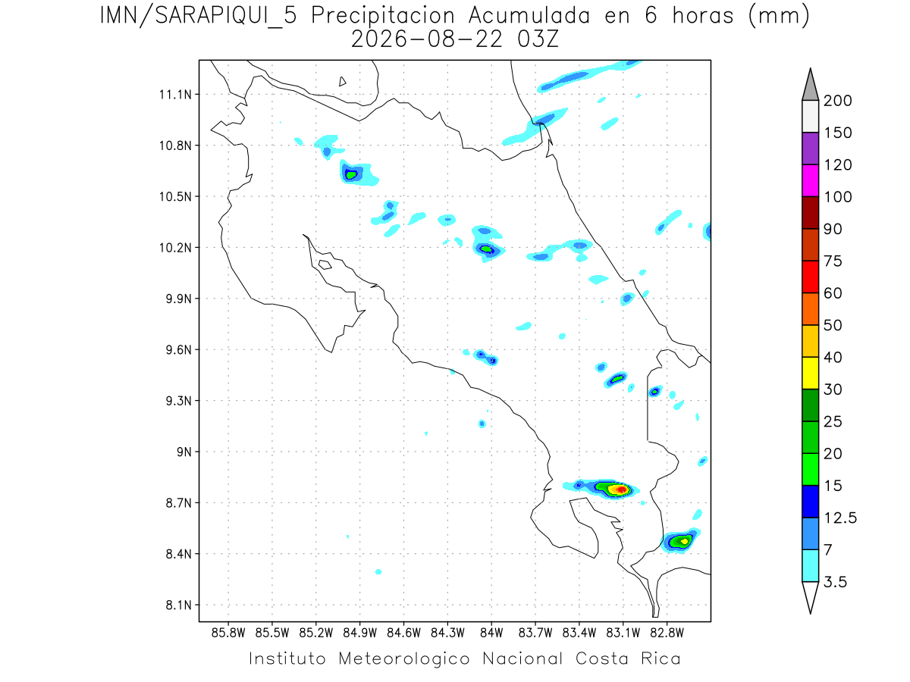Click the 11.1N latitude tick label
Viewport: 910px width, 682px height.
pyautogui.click(x=175, y=95)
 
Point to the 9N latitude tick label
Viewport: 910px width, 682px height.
pyautogui.click(x=184, y=452)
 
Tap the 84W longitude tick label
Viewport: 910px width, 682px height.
pyautogui.click(x=491, y=634)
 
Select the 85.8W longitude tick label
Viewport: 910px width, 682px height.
pyautogui.click(x=228, y=634)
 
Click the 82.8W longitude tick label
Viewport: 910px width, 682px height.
pyautogui.click(x=667, y=634)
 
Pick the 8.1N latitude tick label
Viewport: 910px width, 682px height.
pyautogui.click(x=179, y=605)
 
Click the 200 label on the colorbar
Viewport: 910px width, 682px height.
pyautogui.click(x=838, y=101)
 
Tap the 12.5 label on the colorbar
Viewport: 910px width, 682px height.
pyautogui.click(x=840, y=518)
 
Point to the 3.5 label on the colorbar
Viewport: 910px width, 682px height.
pyautogui.click(x=836, y=582)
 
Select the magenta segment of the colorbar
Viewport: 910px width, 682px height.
pyautogui.click(x=811, y=180)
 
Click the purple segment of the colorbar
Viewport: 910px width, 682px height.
pyautogui.click(x=811, y=149)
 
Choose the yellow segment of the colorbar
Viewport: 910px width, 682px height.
pyautogui.click(x=811, y=373)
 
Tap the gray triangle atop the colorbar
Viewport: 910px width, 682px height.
pyautogui.click(x=811, y=88)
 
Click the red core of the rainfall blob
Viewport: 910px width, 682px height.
pyautogui.click(x=621, y=490)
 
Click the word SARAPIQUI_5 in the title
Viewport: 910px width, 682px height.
pyautogui.click(x=226, y=16)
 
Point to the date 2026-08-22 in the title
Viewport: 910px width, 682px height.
pyautogui.click(x=427, y=39)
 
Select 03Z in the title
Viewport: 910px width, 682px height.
pyautogui.click(x=538, y=39)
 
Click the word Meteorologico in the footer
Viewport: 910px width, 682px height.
pyautogui.click(x=404, y=659)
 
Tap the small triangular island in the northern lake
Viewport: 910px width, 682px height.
pyautogui.click(x=342, y=82)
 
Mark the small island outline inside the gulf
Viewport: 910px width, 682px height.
pyautogui.click(x=325, y=264)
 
